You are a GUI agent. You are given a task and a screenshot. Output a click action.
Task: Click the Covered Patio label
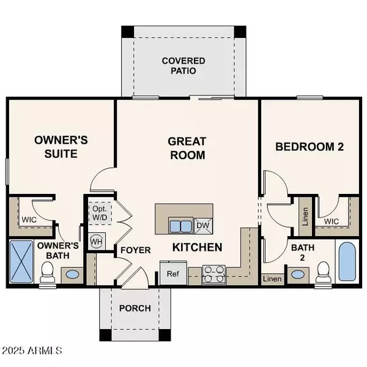click(x=183, y=66)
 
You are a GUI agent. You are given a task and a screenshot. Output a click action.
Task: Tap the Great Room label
click(x=187, y=149)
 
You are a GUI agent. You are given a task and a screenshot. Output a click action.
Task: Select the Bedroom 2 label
click(x=310, y=147)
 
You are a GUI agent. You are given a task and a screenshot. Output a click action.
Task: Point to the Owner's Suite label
click(x=61, y=147)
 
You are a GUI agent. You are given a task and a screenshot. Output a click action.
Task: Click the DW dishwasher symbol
click(x=203, y=226)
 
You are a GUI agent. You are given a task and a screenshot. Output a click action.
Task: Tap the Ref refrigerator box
click(x=173, y=273)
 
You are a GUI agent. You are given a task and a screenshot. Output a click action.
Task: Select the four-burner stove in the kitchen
click(x=213, y=275)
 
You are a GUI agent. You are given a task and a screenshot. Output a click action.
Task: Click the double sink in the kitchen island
click(x=180, y=226)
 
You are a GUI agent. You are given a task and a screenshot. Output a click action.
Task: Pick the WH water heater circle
click(x=96, y=242)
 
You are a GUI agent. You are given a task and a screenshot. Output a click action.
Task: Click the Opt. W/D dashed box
click(x=100, y=213)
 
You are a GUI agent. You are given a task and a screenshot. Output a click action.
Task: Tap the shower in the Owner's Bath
click(x=21, y=262)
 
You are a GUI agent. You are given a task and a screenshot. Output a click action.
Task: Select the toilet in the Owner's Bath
click(x=47, y=272)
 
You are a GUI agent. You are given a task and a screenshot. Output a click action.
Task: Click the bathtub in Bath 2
click(x=347, y=261)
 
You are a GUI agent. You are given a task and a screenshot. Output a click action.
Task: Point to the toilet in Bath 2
click(x=324, y=272)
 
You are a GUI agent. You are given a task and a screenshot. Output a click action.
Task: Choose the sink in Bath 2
click(x=298, y=274)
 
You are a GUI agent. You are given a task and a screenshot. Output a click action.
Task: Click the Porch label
click(x=135, y=308)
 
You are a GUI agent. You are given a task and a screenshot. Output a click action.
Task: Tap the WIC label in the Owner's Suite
click(x=29, y=220)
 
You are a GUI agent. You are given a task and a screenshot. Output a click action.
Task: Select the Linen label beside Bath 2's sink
click(x=272, y=279)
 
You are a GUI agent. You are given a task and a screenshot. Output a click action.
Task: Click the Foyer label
click(x=136, y=250)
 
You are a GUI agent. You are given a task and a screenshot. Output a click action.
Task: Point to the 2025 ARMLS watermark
click(x=32, y=350)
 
